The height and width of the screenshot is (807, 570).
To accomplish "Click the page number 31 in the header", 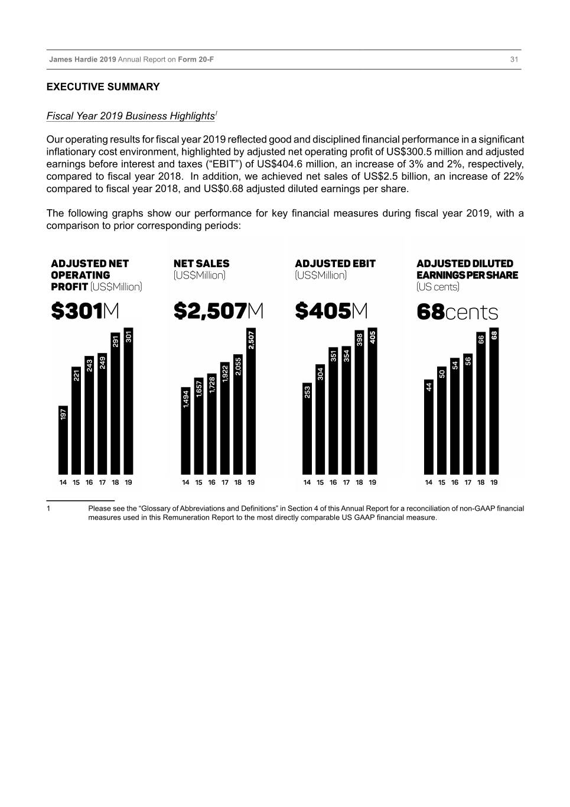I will pos(514,60).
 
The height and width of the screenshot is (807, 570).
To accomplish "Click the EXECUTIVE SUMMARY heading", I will pos(103,87).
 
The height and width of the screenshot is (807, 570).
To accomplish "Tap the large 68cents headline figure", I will pos(457,312).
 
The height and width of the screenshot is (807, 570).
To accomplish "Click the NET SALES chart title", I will pos(201,264).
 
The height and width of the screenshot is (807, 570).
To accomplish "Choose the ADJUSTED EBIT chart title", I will pos(335,264).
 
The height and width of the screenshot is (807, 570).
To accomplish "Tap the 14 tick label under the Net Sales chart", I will pos(185,482).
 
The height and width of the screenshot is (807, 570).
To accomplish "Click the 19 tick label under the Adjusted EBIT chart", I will pos(372,482).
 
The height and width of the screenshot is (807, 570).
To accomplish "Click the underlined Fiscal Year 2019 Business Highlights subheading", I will pos(131,116).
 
